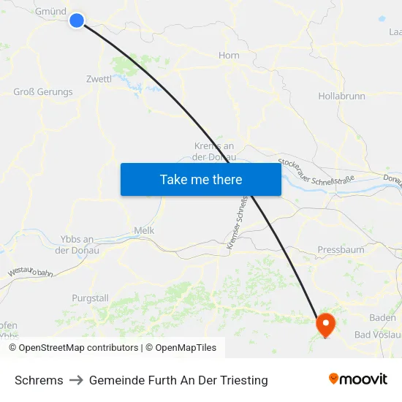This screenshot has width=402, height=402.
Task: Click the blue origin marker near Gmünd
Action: click(x=77, y=20)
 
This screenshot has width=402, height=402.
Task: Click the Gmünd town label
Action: click(x=50, y=12)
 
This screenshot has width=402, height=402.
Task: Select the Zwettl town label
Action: click(x=99, y=79)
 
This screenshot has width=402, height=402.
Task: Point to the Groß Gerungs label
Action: click(x=43, y=92)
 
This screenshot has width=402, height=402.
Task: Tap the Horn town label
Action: click(x=229, y=56)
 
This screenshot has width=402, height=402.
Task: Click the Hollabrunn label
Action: click(x=342, y=96)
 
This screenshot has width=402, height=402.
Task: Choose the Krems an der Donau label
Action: click(x=213, y=151)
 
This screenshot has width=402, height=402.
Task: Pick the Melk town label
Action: click(x=144, y=230)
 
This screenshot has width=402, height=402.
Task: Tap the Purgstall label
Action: click(x=90, y=298)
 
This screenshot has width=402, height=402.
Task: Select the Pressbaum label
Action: click(x=341, y=250)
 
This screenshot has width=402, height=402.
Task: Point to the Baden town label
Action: click(x=382, y=317)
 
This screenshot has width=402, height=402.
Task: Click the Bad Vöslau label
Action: click(x=376, y=335)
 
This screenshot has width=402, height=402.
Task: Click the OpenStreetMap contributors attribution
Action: click(x=73, y=348)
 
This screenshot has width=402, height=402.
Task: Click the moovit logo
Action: click(x=357, y=379)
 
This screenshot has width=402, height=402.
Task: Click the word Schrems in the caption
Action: click(x=39, y=380)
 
